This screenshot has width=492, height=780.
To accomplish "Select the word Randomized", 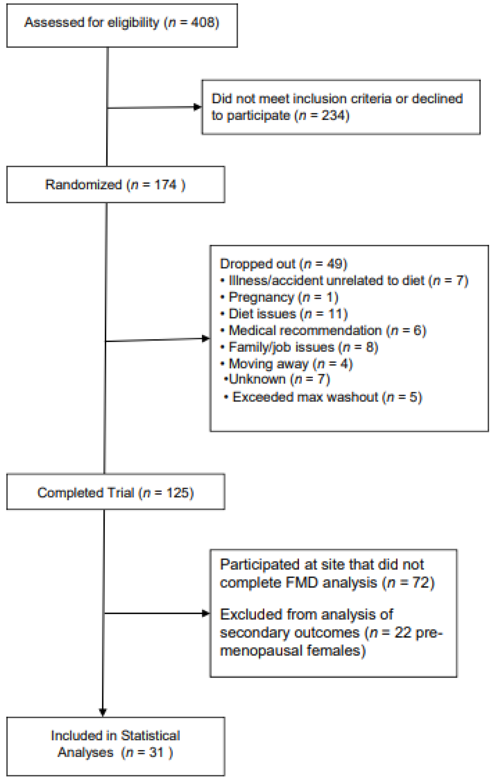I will coord(83,185).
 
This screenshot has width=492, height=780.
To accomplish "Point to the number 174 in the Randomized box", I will coord(165,185).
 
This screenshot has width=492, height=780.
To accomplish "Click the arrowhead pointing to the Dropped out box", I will coord(205,339).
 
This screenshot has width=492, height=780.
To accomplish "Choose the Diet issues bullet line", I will coord(284,314).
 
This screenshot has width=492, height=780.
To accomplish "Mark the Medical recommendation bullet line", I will coord(323,330).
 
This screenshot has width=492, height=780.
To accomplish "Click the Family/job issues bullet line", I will coord(299,347).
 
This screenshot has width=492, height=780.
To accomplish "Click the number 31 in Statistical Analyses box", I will coord(156,752).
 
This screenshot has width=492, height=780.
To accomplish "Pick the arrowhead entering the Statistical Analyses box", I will coord(103,712).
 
